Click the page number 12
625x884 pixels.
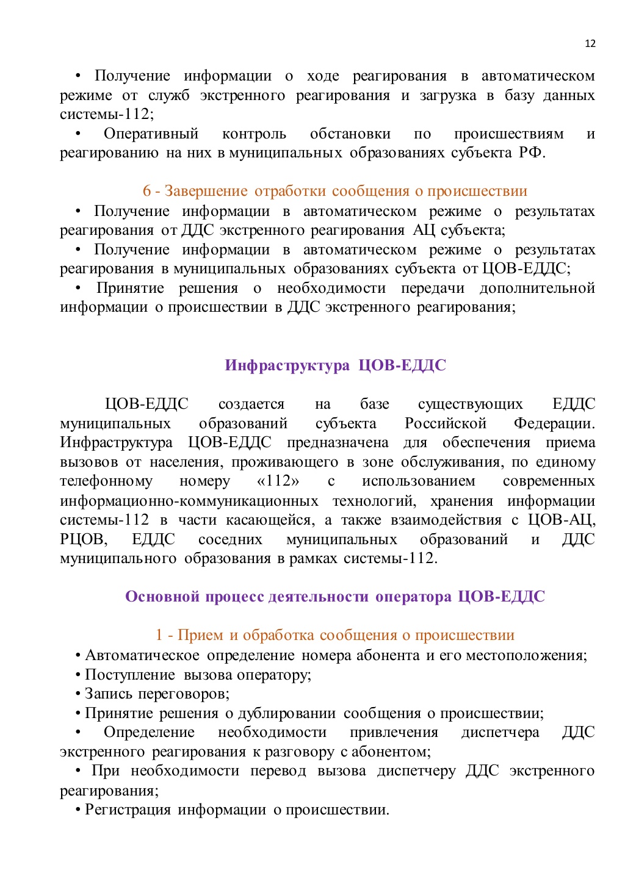590,43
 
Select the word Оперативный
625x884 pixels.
151,134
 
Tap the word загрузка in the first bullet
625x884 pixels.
448,95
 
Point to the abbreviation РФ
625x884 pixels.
530,153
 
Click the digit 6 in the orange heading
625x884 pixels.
146,191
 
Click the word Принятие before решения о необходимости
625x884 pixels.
130,288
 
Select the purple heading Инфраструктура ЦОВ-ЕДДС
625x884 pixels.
335,365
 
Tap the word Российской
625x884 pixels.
445,423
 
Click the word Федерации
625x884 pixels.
554,423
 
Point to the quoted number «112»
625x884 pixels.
278,481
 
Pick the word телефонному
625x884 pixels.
106,481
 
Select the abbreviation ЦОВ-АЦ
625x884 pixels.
562,520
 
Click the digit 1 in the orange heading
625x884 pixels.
159,635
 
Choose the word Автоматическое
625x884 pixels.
142,655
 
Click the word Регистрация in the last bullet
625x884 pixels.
128,810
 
